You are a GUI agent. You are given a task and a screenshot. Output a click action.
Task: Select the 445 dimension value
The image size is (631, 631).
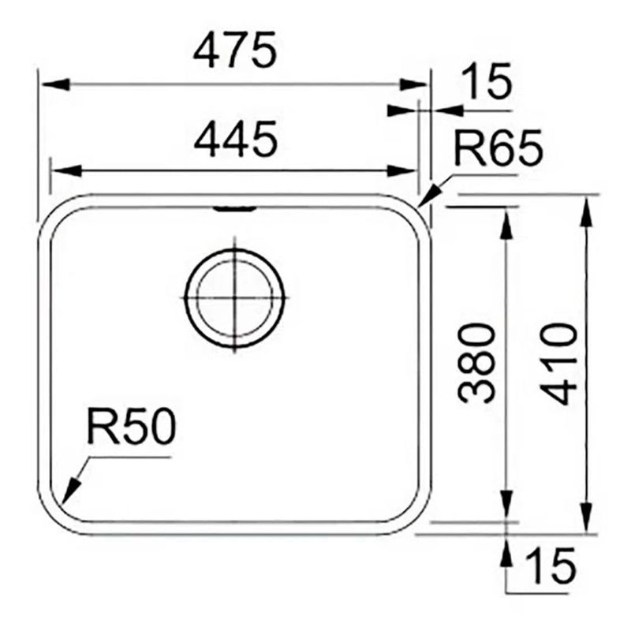click(x=236, y=140)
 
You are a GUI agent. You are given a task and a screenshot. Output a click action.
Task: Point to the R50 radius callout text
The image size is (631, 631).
click(x=130, y=429)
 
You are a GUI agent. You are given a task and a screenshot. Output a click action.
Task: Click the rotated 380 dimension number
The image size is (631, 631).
click(x=476, y=363)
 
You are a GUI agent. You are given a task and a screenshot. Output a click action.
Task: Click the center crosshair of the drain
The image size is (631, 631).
click(x=234, y=297)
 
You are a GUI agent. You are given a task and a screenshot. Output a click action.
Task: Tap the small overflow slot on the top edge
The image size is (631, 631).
click(x=234, y=207)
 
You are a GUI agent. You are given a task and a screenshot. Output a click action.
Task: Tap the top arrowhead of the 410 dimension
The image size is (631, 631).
click(x=586, y=210)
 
